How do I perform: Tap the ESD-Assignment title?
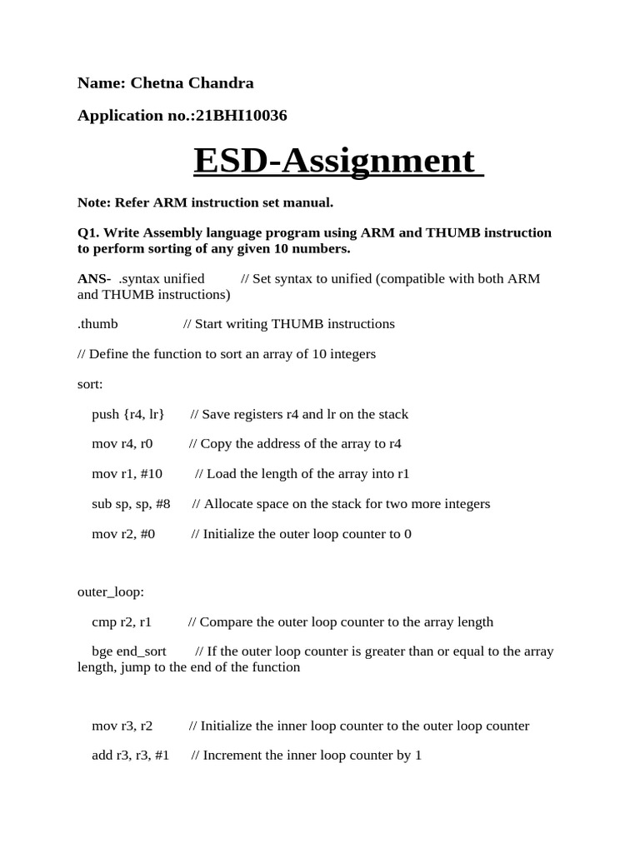[x=337, y=160]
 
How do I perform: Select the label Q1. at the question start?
[x=87, y=232]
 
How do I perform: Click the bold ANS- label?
[x=94, y=278]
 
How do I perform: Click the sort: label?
[x=90, y=384]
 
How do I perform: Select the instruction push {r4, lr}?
[x=128, y=414]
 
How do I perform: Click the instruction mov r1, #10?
[x=127, y=474]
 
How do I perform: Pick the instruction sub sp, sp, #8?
[x=131, y=504]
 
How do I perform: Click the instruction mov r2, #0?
[x=123, y=534]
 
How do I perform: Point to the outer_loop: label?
[x=111, y=592]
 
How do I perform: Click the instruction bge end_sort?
[x=129, y=651]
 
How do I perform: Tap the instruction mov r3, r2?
[x=122, y=726]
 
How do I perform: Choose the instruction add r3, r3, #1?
[x=131, y=756]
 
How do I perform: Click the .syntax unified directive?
[x=162, y=278]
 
